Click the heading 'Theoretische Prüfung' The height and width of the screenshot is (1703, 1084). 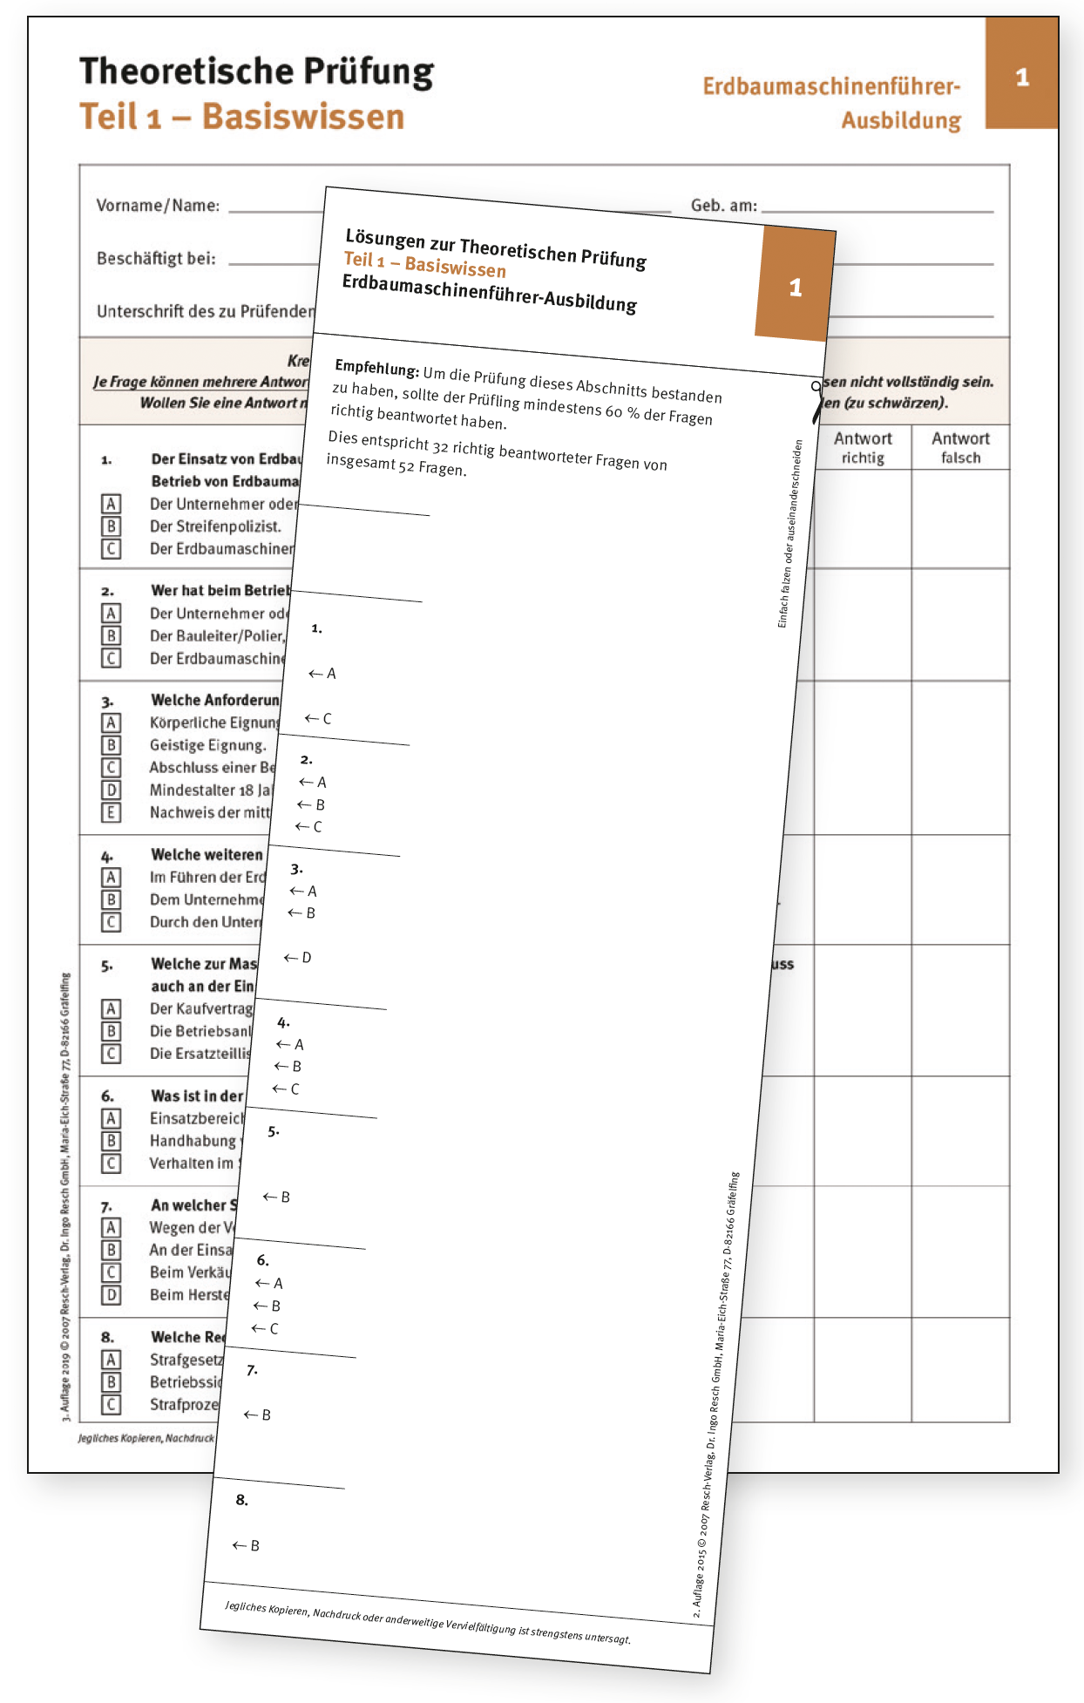(x=256, y=71)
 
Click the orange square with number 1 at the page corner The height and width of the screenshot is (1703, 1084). (x=1021, y=76)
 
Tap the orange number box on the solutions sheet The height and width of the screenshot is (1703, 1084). (x=794, y=285)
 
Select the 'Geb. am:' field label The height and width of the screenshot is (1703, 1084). (x=723, y=206)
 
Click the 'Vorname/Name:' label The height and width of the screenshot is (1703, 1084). (x=158, y=206)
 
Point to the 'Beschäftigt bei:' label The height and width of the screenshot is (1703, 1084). (x=156, y=259)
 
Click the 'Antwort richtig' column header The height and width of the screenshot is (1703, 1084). (x=863, y=447)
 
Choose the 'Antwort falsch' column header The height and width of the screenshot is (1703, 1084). (x=960, y=447)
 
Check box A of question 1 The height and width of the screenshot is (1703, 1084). (x=111, y=504)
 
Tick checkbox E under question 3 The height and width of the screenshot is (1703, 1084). (x=111, y=812)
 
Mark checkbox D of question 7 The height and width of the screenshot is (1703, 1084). (x=111, y=1294)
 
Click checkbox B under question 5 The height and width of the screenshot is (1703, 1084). (x=111, y=1031)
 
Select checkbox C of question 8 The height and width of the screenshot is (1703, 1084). (x=111, y=1404)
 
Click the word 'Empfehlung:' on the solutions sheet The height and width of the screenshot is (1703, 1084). (x=376, y=368)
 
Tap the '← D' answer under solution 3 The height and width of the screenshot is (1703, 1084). (x=297, y=957)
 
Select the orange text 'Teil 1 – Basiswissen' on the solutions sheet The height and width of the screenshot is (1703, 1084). (x=424, y=263)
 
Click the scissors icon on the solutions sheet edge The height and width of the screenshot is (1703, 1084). (x=816, y=399)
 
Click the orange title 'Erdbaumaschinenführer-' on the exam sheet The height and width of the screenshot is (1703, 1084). (x=831, y=86)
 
